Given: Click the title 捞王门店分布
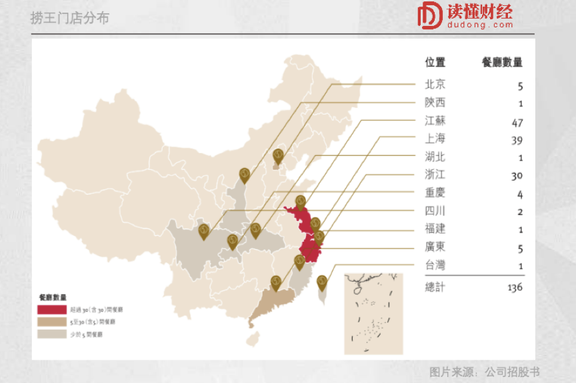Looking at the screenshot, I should tap(69, 18).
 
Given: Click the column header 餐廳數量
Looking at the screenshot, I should tap(502, 62).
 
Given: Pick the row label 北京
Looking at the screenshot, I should tap(435, 85).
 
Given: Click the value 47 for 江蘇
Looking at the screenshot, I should tap(517, 123).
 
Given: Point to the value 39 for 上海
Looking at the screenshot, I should tap(517, 141).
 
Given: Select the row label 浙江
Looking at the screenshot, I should tap(435, 175).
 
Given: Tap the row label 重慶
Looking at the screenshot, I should tap(435, 193).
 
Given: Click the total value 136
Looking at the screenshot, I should tap(514, 287).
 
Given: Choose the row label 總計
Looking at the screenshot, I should tap(435, 287).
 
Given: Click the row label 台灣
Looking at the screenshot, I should tap(435, 265).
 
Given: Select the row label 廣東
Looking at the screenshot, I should tap(435, 247).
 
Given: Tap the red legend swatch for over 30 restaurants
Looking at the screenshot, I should tap(52, 310).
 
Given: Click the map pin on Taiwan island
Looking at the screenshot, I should tap(321, 282).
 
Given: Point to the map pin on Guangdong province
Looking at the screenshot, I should tap(275, 282).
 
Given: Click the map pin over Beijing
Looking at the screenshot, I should tap(278, 156).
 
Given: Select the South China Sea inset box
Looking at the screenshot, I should tap(373, 313).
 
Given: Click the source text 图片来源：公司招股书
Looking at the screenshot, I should tap(484, 372).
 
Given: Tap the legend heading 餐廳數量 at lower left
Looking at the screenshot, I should tap(53, 297).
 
